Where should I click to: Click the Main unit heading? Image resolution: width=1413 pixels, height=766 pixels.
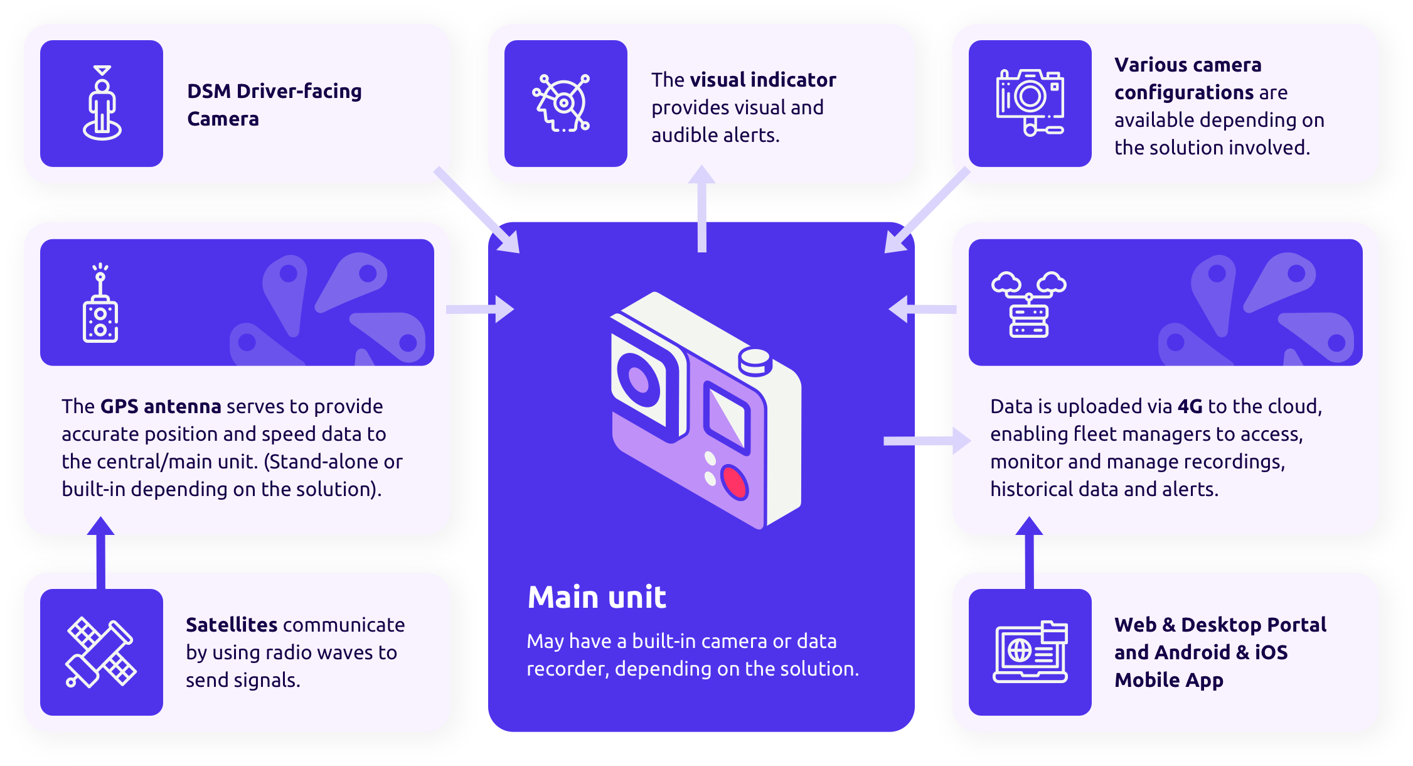[x=597, y=596]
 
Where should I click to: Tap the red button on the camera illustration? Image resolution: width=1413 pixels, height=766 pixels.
[x=734, y=482]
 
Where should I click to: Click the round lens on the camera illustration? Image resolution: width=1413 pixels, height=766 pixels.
[x=639, y=379]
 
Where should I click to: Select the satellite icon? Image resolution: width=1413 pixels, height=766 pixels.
[x=101, y=652]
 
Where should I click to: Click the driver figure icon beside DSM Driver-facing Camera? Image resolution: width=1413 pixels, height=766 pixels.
[x=102, y=103]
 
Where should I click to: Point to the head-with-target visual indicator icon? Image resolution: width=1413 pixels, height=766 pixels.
[x=562, y=103]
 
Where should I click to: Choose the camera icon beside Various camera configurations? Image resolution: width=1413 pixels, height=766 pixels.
[x=1030, y=102]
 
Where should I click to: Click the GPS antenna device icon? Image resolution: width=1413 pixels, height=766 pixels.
[x=100, y=304]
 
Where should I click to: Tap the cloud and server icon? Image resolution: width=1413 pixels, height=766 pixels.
[x=1028, y=304]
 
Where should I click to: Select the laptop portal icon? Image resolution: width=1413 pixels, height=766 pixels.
[x=1030, y=652]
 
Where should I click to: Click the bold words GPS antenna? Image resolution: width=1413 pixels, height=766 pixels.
[x=161, y=406]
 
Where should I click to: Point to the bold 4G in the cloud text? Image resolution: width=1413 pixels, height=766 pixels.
[x=1190, y=406]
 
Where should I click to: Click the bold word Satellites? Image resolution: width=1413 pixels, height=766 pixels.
[x=232, y=625]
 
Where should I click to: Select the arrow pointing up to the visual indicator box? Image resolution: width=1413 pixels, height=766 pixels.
[x=701, y=207]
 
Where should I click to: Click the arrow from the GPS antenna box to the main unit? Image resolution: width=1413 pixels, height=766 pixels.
[x=481, y=309]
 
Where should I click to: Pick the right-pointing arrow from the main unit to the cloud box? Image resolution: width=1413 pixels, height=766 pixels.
[x=926, y=441]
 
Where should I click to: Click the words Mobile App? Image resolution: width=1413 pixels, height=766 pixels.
[x=1168, y=680]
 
